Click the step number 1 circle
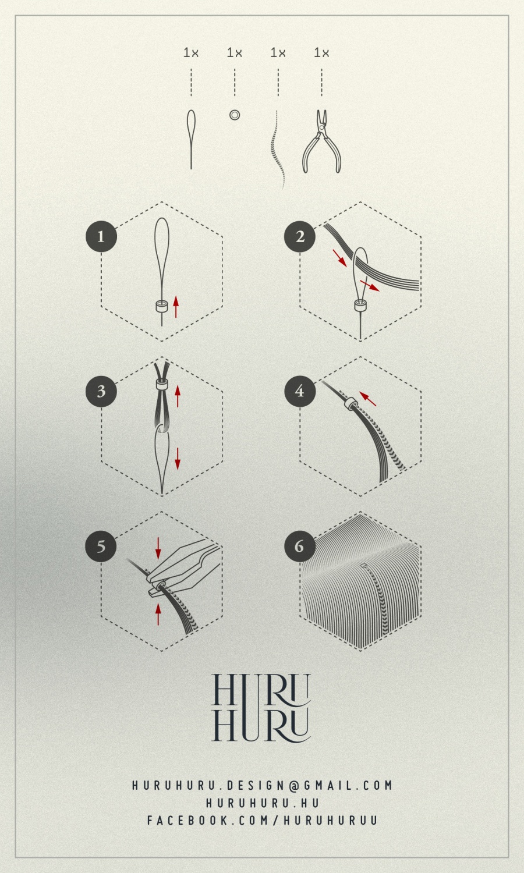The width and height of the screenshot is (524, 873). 101,236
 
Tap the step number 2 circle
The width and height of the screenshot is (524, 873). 300,236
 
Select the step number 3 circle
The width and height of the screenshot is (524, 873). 101,391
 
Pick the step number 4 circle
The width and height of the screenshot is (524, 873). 300,391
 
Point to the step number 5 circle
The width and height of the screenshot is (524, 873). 101,546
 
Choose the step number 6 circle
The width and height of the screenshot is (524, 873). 300,546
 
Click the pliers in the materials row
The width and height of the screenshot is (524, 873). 321,141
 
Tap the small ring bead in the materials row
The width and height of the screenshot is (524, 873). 234,115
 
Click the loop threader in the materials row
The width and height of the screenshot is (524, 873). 191,139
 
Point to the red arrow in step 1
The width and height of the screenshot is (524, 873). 176,306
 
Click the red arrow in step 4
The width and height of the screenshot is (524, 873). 367,399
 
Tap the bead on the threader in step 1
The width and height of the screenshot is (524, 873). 161,306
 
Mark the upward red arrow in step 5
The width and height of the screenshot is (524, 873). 158,614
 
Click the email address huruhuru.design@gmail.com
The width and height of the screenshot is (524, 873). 262,785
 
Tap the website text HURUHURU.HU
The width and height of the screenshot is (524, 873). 262,803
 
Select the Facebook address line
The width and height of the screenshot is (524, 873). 262,820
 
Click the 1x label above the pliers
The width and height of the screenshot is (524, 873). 321,52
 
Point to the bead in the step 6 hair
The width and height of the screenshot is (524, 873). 364,566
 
